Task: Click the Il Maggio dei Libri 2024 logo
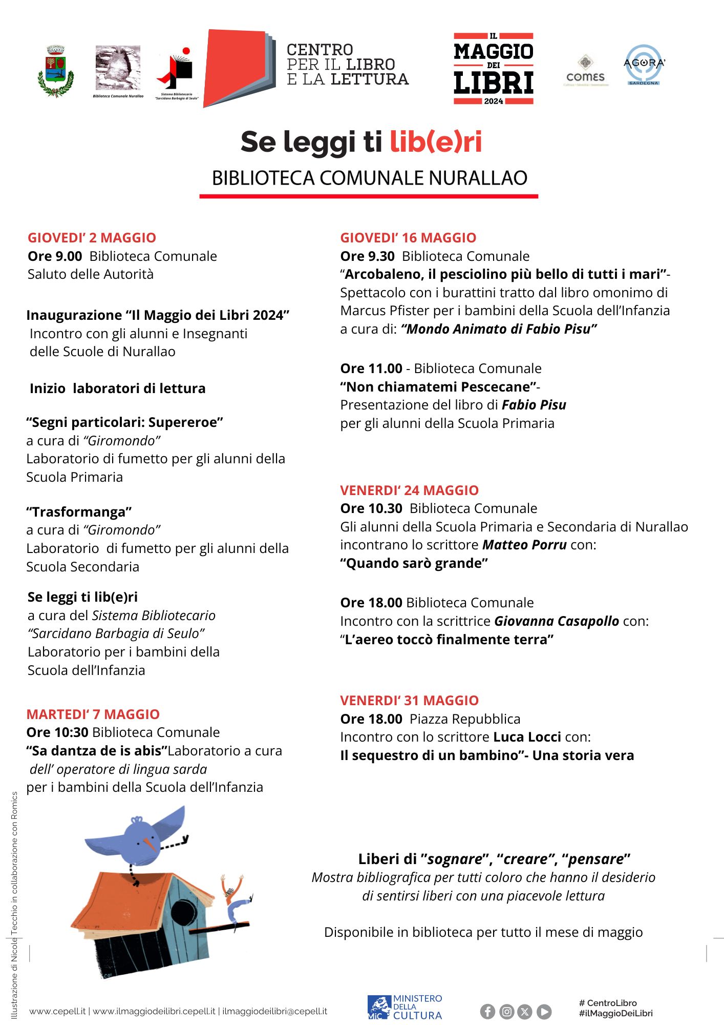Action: coord(494,69)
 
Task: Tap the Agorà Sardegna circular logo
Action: coord(644,65)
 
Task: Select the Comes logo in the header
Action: coord(585,70)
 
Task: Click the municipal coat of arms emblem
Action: coord(55,71)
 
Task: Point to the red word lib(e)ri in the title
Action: coord(436,142)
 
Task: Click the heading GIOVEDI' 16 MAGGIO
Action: coord(408,238)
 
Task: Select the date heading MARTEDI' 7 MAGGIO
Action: coord(93,714)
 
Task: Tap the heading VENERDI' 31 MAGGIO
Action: coord(409,701)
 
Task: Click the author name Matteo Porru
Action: coord(524,545)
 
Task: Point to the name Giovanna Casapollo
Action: coord(556,621)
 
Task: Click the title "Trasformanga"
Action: coord(79,512)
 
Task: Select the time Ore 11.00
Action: coord(371,368)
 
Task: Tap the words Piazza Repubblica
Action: coord(465,719)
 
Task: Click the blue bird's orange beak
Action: coord(151,843)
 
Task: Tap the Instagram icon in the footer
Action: coord(506,1011)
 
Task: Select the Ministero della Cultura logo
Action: coord(404,1007)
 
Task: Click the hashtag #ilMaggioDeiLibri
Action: coord(615,1013)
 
